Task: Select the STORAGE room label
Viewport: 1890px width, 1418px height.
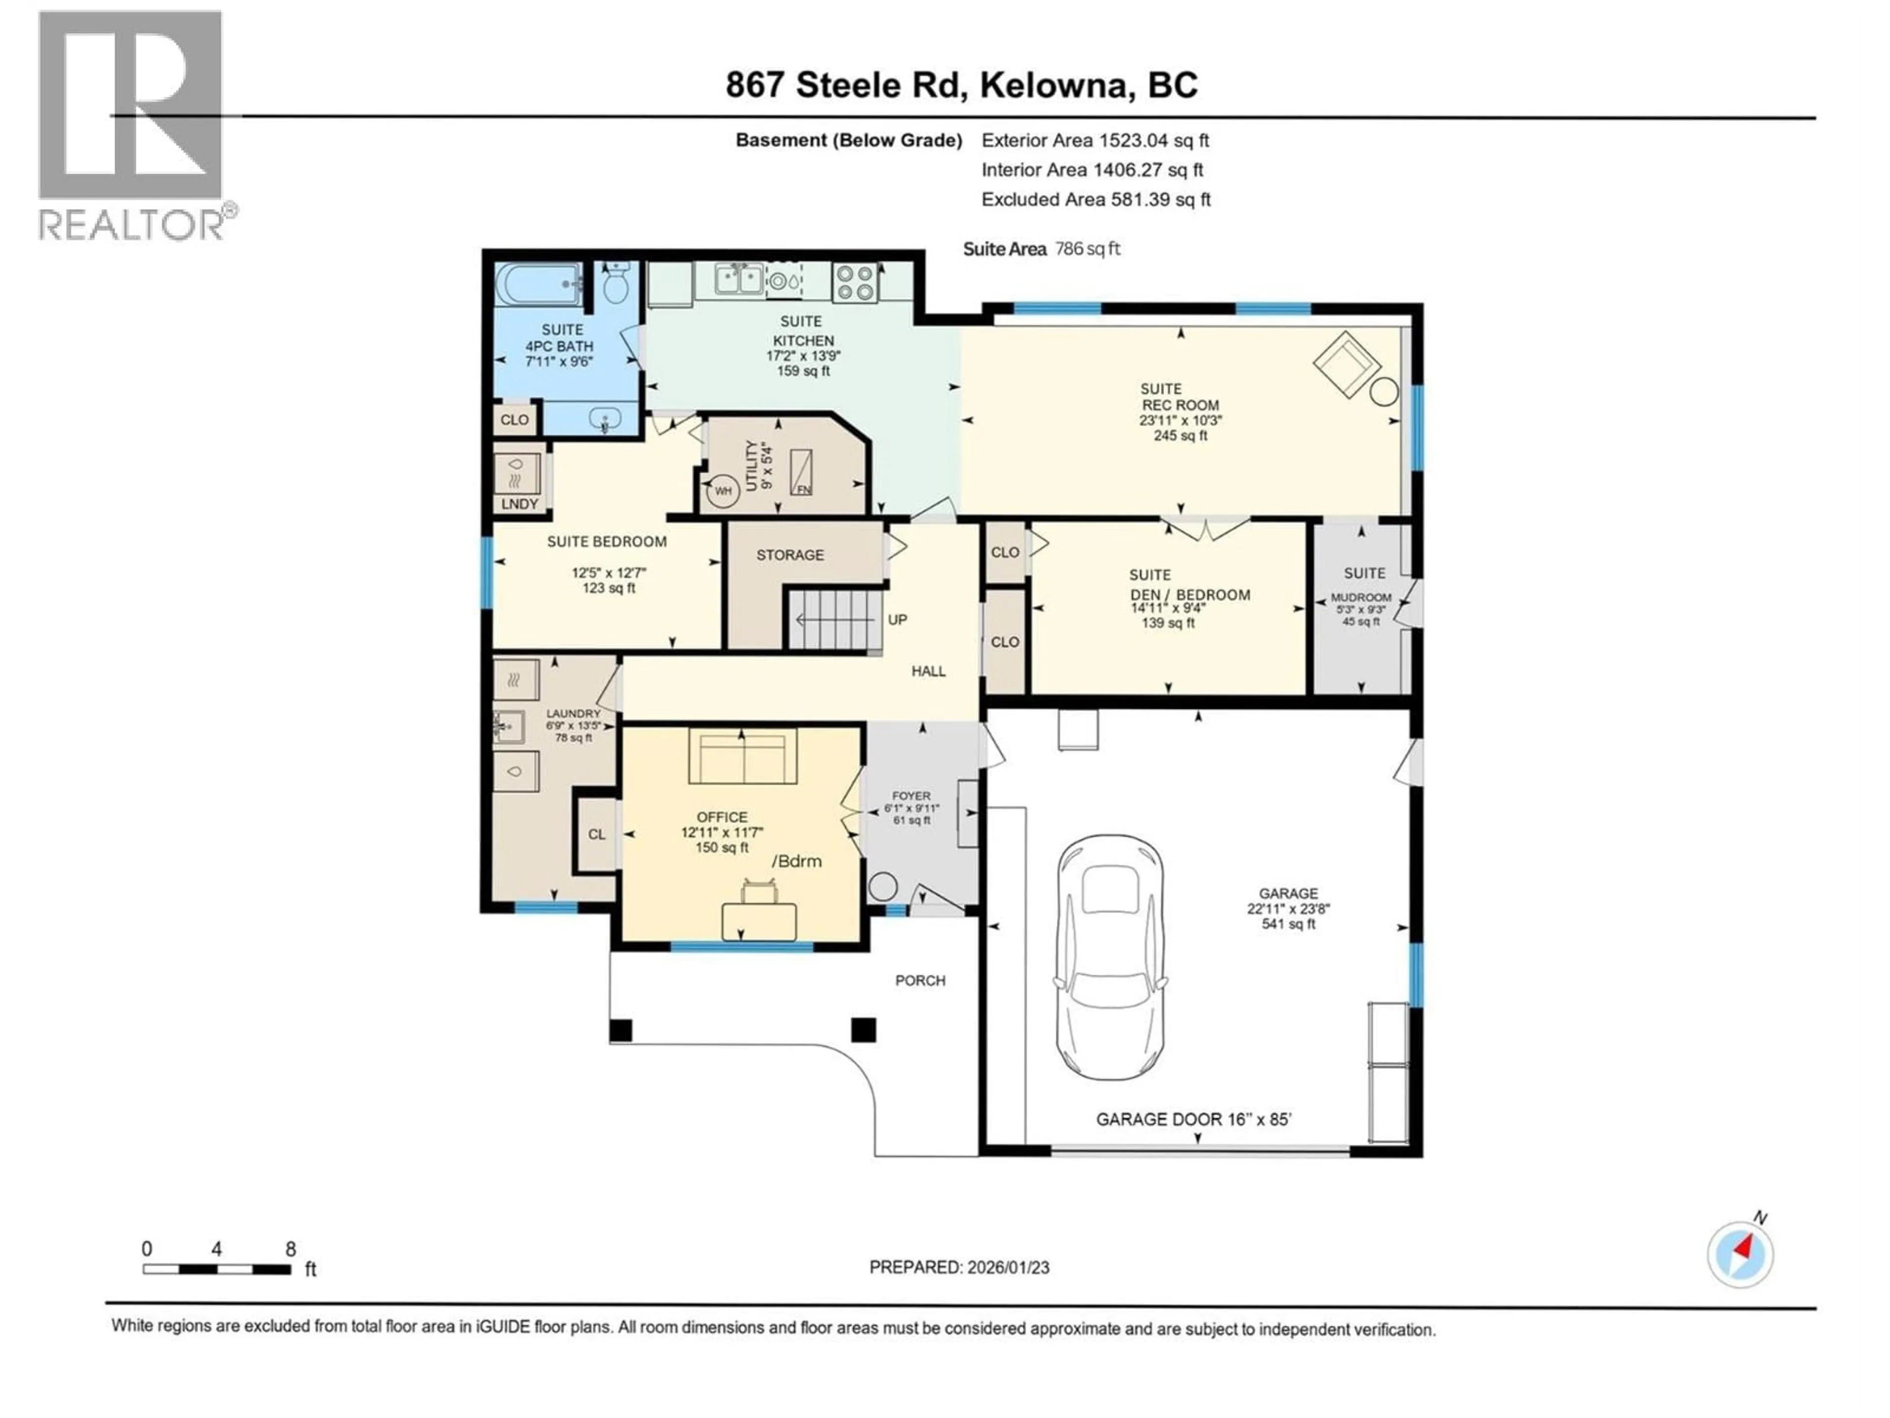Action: (x=789, y=555)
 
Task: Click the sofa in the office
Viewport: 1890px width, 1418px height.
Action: (x=743, y=756)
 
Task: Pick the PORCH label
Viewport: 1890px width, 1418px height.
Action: (x=919, y=980)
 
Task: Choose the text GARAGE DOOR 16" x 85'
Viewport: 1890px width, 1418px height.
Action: (x=1193, y=1119)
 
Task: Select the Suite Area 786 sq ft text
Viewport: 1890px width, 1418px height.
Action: (x=1040, y=249)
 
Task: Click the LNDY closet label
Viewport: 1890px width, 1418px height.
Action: (x=519, y=503)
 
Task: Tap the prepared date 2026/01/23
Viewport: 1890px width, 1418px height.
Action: (x=959, y=1267)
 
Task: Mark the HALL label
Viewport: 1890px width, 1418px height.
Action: (x=928, y=671)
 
